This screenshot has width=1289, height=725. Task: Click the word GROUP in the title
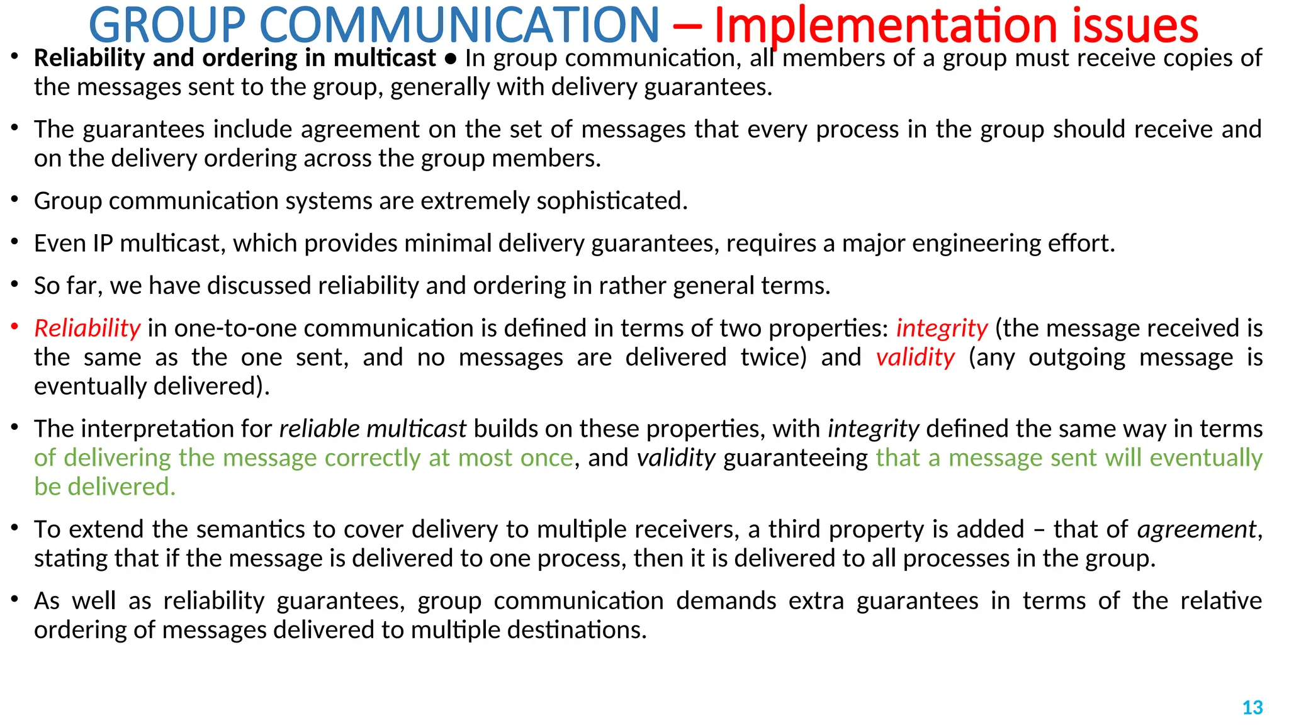point(167,25)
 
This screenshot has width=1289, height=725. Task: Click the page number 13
point(1252,707)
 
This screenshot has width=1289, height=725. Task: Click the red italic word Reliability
point(87,329)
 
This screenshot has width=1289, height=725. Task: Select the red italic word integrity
point(942,329)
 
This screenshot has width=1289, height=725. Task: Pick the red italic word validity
point(915,357)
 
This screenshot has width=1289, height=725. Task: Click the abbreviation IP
point(103,244)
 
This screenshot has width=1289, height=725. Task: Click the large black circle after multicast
point(451,59)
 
